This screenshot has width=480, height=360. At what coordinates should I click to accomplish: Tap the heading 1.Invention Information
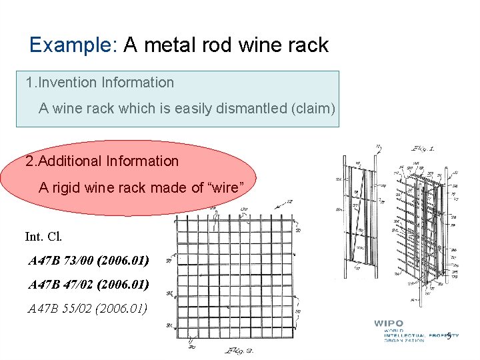click(x=100, y=83)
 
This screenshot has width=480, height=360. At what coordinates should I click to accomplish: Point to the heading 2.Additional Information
click(x=102, y=161)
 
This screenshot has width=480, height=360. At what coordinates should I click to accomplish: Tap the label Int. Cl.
click(x=43, y=237)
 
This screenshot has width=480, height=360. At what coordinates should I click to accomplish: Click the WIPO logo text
click(x=389, y=323)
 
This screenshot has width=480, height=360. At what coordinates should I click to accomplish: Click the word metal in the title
click(x=180, y=45)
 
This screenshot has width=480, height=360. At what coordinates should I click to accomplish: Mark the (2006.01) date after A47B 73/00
click(x=123, y=261)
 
